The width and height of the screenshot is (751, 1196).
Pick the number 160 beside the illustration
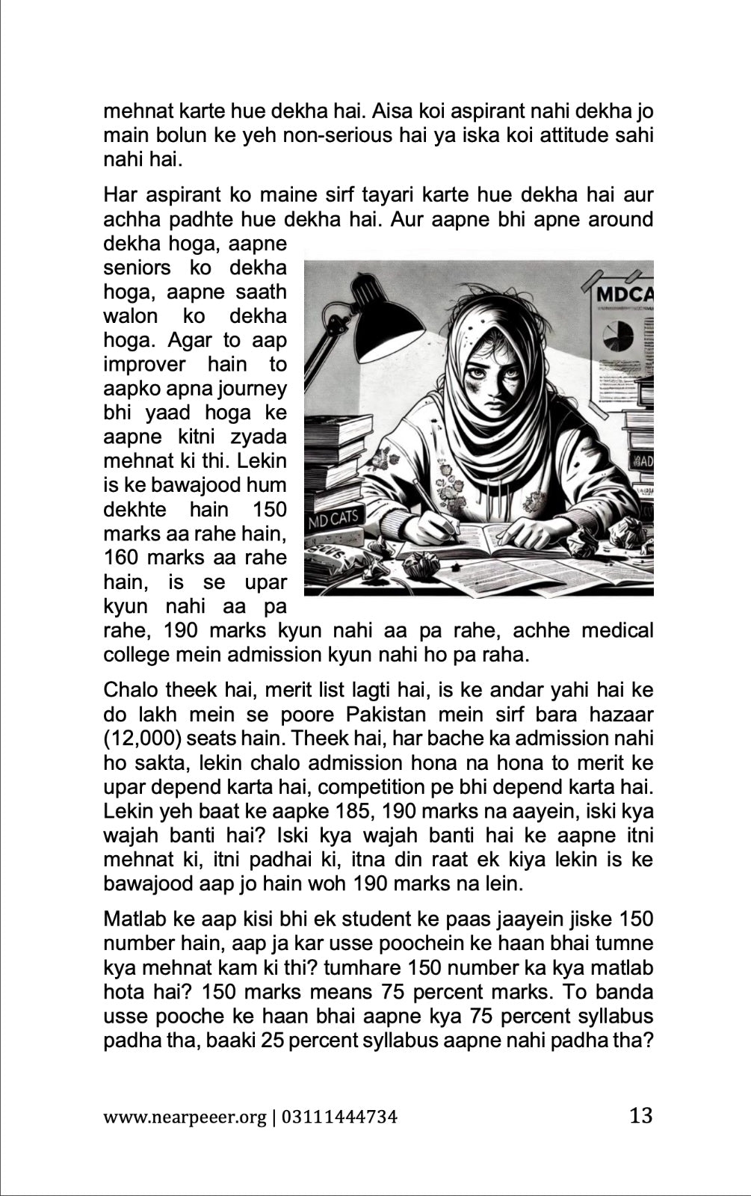point(121,558)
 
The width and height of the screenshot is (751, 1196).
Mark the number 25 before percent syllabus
point(271,1040)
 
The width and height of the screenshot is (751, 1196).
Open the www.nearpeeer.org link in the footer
point(184,1118)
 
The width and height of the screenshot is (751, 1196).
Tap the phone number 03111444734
point(340,1118)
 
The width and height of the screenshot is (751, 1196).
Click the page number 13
point(640,1116)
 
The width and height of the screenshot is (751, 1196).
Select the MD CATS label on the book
point(333,518)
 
